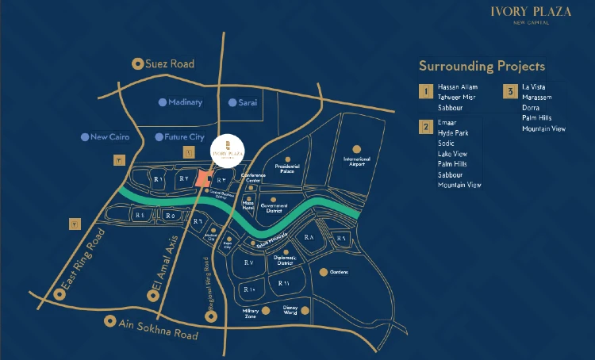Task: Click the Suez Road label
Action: (170, 63)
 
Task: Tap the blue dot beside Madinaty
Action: (163, 102)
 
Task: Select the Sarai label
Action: (249, 102)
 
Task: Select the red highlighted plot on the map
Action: (205, 179)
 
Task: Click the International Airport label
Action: (356, 162)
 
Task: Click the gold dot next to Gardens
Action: (323, 272)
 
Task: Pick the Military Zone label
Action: (251, 314)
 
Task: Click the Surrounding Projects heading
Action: (482, 66)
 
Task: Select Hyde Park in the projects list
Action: (453, 134)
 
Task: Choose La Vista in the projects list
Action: (535, 86)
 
